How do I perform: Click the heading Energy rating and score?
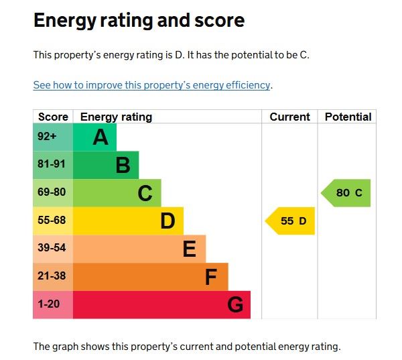(139, 21)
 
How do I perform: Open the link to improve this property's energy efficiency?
(152, 85)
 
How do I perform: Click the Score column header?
(53, 117)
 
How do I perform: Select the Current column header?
(289, 117)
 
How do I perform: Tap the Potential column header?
(348, 117)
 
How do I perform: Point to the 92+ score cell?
(48, 137)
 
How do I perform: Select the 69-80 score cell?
(52, 192)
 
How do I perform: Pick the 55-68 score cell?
(52, 221)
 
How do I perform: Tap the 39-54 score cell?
(52, 249)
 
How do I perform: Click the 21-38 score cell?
(52, 276)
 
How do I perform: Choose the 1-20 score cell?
(49, 304)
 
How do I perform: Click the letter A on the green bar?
(100, 137)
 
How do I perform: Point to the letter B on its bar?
(123, 165)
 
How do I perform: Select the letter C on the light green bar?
(145, 193)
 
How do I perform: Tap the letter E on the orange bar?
(190, 249)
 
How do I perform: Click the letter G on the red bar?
(235, 305)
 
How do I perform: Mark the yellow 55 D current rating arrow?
(291, 221)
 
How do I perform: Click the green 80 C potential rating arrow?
(347, 193)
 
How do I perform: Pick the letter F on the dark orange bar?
(211, 277)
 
